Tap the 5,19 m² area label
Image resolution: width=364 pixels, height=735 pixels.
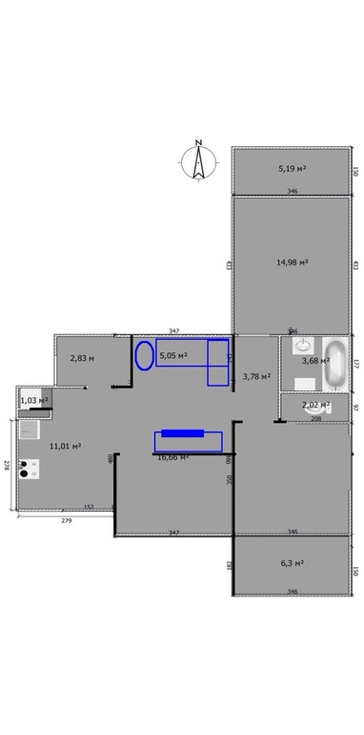pos(292,168)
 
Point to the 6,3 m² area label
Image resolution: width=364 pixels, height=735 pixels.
pos(292,563)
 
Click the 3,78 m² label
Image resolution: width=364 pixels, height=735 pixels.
pos(256,376)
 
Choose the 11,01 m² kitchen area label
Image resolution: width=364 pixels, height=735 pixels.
pos(65,445)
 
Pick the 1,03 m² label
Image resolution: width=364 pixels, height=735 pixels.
pos(33,400)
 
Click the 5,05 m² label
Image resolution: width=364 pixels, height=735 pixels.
pos(173,356)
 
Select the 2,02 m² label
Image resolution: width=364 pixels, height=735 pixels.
pos(316,405)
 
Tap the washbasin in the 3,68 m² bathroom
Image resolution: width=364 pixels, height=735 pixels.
pos(303,345)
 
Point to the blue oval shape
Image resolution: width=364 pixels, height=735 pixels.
pos(144,356)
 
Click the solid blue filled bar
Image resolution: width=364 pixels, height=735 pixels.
pos(182,434)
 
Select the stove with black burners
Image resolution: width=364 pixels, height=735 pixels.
pos(29,468)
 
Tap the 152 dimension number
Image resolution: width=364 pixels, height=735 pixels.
pos(88,507)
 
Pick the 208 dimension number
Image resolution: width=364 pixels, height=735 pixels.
pos(316,418)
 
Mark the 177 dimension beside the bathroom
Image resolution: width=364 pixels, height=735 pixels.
pos(354,363)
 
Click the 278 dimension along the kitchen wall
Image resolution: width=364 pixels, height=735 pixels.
pos(7,465)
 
